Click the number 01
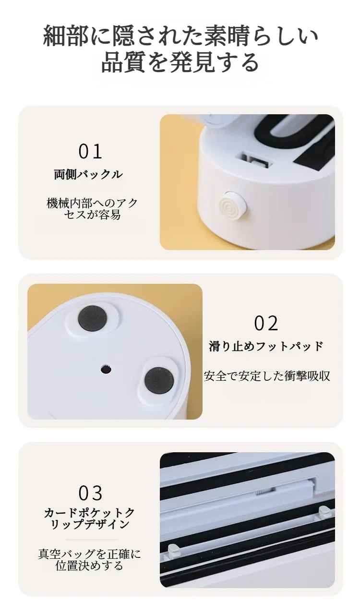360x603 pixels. click(x=90, y=152)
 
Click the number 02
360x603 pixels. click(x=266, y=323)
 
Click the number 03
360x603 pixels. click(x=90, y=493)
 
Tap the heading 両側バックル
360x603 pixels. click(x=88, y=174)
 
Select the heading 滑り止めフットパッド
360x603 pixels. click(x=266, y=346)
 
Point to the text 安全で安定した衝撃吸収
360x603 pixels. click(x=266, y=376)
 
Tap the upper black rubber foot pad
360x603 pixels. click(x=92, y=318)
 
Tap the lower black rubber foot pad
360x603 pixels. click(x=159, y=380)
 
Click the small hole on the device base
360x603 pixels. click(x=106, y=370)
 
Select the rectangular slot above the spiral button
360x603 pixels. click(x=254, y=161)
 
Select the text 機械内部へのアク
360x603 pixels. click(x=92, y=203)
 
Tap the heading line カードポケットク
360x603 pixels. click(x=89, y=513)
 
